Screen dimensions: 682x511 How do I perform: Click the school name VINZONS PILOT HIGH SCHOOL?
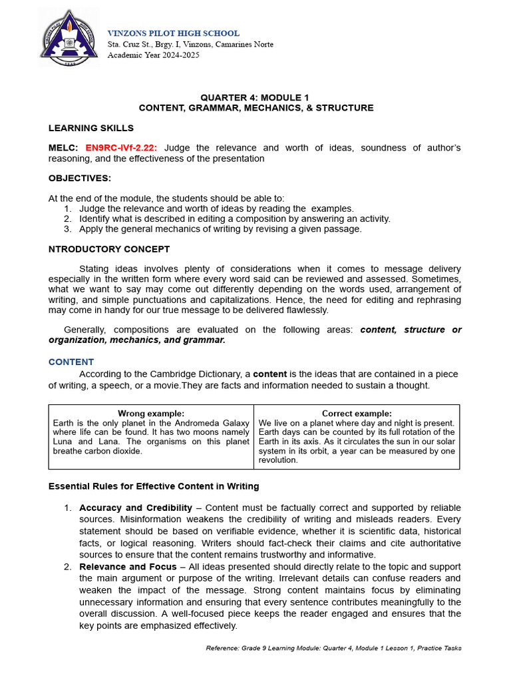[174, 33]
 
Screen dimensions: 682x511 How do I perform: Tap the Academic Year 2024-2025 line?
[154, 55]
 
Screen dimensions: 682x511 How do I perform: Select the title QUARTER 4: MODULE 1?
[255, 97]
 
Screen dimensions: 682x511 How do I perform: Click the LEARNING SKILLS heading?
[90, 128]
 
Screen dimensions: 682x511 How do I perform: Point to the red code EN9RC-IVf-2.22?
[122, 148]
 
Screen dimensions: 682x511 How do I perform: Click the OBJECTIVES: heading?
[80, 178]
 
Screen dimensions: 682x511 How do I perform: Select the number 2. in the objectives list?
[67, 218]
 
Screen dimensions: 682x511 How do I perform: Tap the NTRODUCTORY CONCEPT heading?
[109, 249]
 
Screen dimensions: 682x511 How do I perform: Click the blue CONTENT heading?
[71, 362]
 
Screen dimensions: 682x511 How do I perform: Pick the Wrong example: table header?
[151, 414]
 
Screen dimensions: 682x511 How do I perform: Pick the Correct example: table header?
[357, 414]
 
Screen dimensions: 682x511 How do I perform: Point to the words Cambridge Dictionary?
[192, 374]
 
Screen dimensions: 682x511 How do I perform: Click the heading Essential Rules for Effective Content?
[154, 486]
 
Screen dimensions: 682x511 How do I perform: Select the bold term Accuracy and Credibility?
[135, 508]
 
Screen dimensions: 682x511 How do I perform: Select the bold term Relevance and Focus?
[128, 567]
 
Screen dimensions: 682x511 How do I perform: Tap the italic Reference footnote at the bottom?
[333, 648]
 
